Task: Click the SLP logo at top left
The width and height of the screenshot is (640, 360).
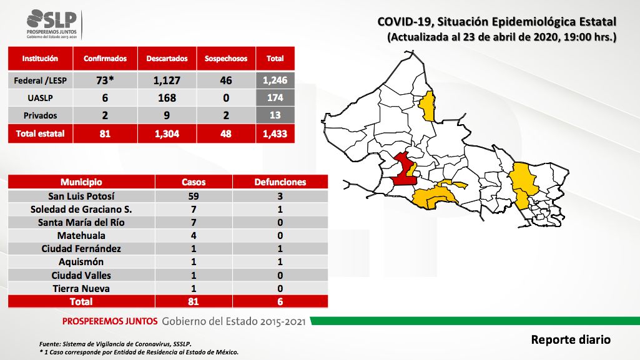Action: coord(52,24)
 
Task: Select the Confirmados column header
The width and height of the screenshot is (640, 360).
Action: coord(105,58)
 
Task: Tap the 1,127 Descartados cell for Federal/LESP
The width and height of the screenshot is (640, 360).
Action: coord(167,80)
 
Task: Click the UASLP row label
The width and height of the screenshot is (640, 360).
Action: coord(40,98)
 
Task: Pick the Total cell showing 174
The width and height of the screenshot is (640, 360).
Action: coord(275,98)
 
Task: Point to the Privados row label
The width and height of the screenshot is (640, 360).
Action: coord(40,115)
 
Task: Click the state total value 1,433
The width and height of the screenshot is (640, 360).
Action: coord(275,134)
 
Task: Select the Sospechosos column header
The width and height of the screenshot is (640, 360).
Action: coord(225,58)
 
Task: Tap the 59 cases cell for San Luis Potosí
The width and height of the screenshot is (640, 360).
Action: coord(194,196)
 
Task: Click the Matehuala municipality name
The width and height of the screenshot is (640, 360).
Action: coord(81,236)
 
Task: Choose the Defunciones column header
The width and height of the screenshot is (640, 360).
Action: coord(280,182)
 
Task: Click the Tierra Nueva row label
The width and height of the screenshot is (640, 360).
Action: coord(81,289)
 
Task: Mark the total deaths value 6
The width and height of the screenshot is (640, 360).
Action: coord(280,302)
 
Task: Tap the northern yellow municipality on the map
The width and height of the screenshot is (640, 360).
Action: coord(428,106)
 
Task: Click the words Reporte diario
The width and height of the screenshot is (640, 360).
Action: coord(571,339)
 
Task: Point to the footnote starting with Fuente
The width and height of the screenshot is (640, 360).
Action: coord(115,344)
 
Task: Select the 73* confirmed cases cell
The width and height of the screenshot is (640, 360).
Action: coord(105,80)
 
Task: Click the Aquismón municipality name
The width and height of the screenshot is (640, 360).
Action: coord(81,262)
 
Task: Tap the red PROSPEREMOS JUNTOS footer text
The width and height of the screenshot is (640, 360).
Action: coord(110,321)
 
